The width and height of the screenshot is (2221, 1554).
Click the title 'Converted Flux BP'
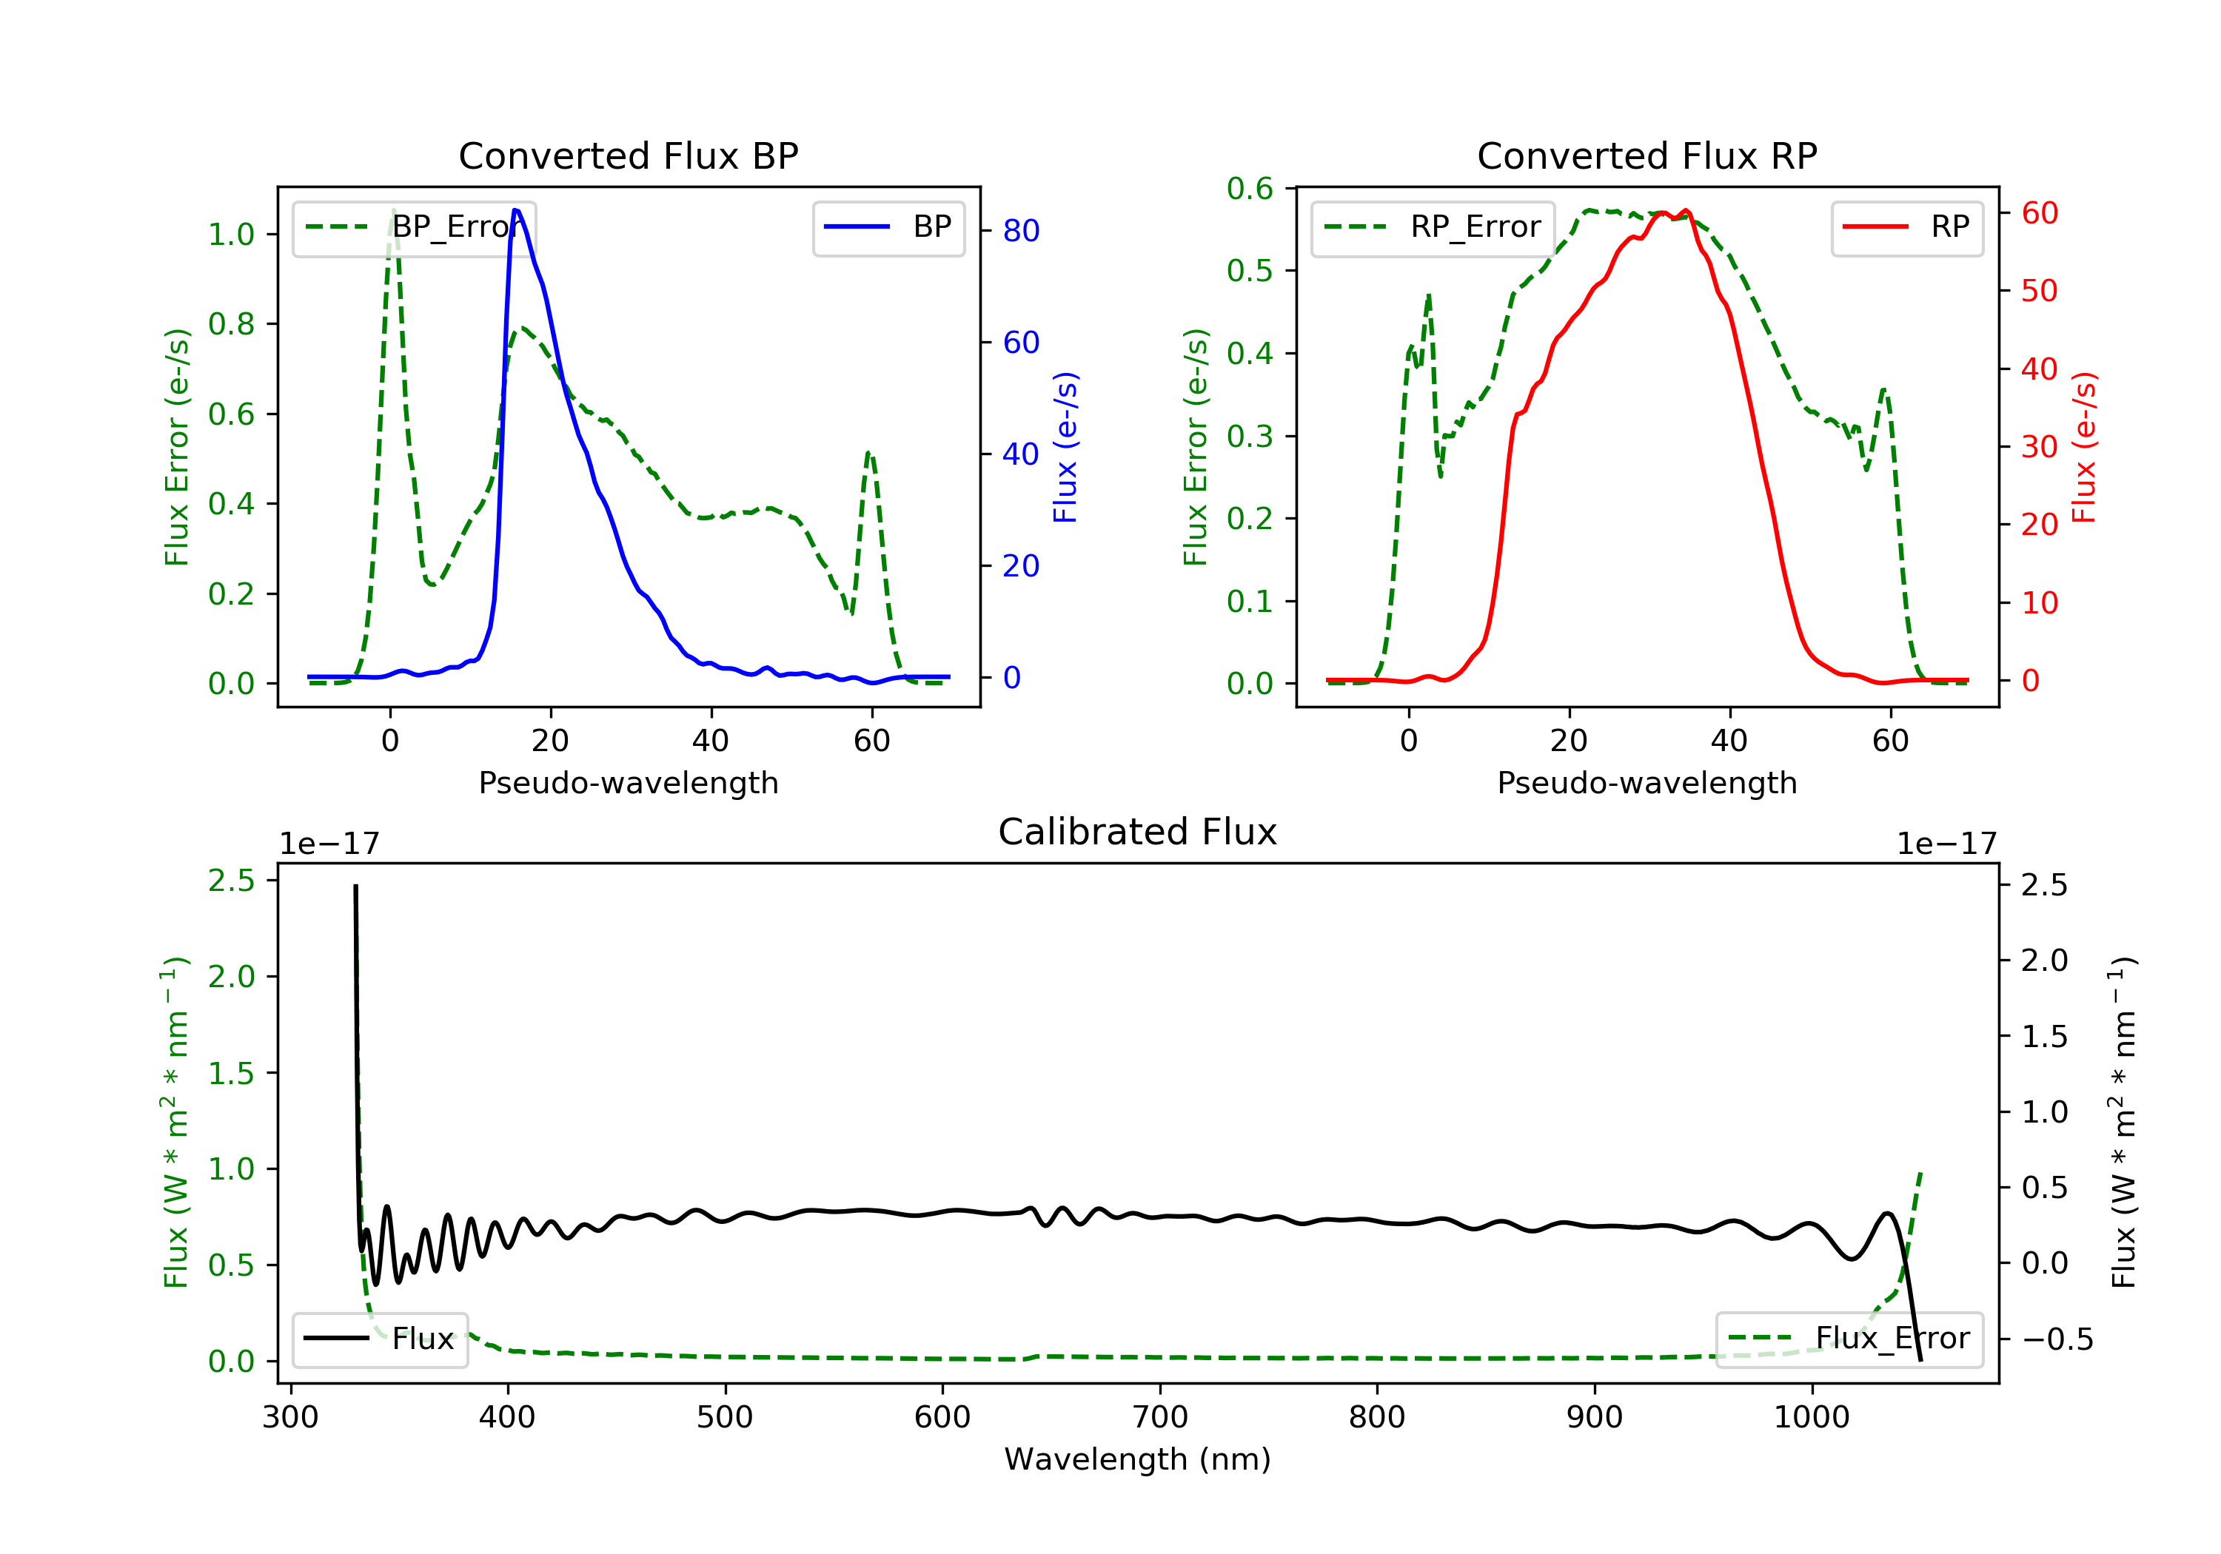pyautogui.click(x=628, y=155)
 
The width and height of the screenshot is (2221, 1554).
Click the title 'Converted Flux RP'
pyautogui.click(x=1647, y=155)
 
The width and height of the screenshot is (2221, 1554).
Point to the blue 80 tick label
pyautogui.click(x=1020, y=230)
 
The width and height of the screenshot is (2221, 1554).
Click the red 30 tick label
pyautogui.click(x=2039, y=447)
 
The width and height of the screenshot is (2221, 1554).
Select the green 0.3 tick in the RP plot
pyautogui.click(x=1250, y=436)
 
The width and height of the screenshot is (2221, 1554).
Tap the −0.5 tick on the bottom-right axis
pyautogui.click(x=2057, y=1339)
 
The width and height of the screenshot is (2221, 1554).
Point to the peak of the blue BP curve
pyautogui.click(x=515, y=210)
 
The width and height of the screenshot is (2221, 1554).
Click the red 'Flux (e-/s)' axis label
pyautogui.click(x=2083, y=447)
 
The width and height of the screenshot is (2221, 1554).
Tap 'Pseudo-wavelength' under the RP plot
pyautogui.click(x=1647, y=782)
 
